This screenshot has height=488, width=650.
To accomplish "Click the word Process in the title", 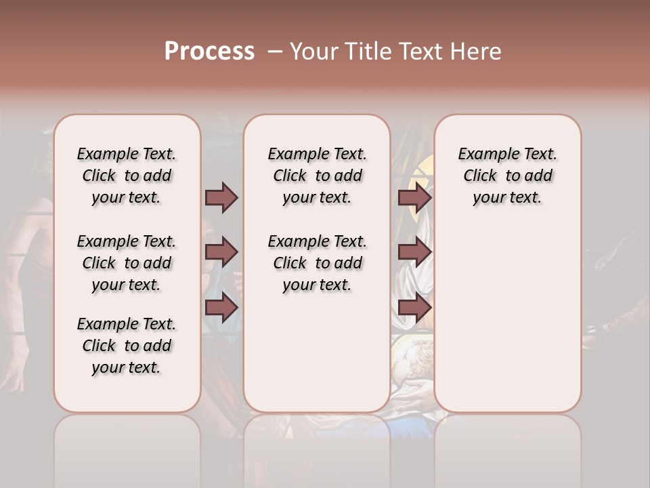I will pyautogui.click(x=209, y=51).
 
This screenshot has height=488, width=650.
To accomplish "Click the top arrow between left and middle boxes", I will pyautogui.click(x=221, y=197).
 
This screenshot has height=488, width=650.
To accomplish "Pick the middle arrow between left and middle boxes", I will pyautogui.click(x=221, y=253).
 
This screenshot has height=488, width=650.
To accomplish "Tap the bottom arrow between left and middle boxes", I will pyautogui.click(x=221, y=308).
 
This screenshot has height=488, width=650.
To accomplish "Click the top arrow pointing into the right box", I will pyautogui.click(x=414, y=197).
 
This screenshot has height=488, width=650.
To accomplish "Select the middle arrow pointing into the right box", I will pyautogui.click(x=414, y=253).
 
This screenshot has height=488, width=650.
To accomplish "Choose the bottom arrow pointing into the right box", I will pyautogui.click(x=414, y=308).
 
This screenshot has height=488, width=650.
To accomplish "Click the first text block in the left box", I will pyautogui.click(x=127, y=176).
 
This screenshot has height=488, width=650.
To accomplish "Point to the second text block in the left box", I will pyautogui.click(x=127, y=263).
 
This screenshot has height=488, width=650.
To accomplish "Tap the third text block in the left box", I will pyautogui.click(x=127, y=346).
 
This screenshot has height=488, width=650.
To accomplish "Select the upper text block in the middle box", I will pyautogui.click(x=317, y=176).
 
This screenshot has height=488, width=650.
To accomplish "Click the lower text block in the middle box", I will pyautogui.click(x=317, y=263).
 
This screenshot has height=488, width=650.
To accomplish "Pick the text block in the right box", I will pyautogui.click(x=507, y=176).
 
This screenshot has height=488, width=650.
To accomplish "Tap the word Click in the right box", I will pyautogui.click(x=480, y=176).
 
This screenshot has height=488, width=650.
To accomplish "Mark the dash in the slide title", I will pyautogui.click(x=274, y=52).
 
